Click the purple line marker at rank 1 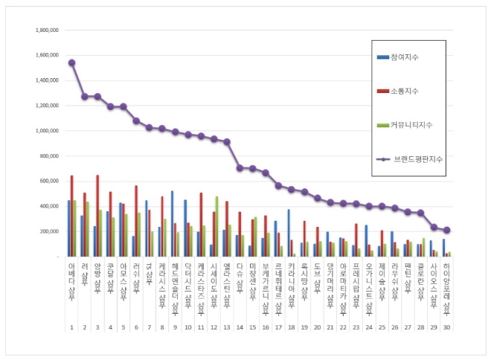pyautogui.click(x=71, y=62)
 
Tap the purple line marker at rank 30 pyautogui.click(x=446, y=230)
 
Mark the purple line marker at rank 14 pyautogui.click(x=240, y=168)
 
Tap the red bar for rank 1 pyautogui.click(x=71, y=216)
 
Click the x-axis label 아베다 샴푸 pyautogui.click(x=71, y=277)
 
